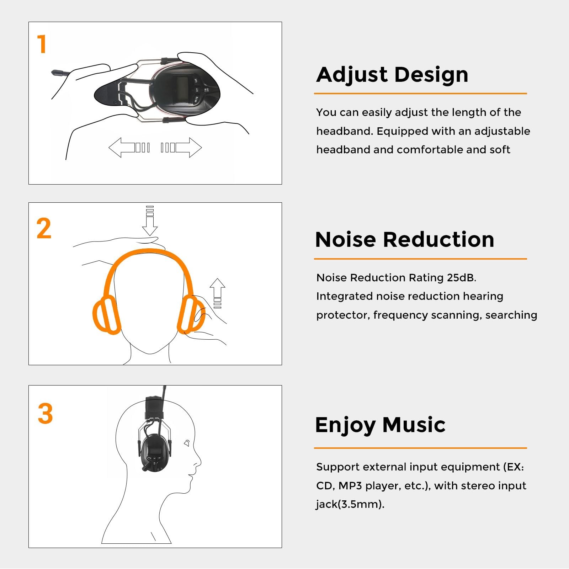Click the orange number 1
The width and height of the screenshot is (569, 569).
[x=42, y=44]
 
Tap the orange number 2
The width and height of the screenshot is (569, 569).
[x=44, y=228]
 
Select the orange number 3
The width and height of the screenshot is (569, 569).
[x=45, y=414]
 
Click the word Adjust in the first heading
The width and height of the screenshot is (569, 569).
[x=352, y=75]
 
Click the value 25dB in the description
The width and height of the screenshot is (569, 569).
[x=461, y=278]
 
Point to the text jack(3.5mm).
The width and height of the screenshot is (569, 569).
[x=350, y=504]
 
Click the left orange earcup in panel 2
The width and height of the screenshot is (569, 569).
[x=106, y=315]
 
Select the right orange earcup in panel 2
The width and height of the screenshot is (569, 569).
[x=191, y=314]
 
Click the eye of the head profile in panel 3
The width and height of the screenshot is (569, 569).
[x=187, y=443]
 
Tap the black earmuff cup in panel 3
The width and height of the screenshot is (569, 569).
[x=154, y=453]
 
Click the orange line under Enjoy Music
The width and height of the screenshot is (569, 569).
[x=420, y=448]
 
